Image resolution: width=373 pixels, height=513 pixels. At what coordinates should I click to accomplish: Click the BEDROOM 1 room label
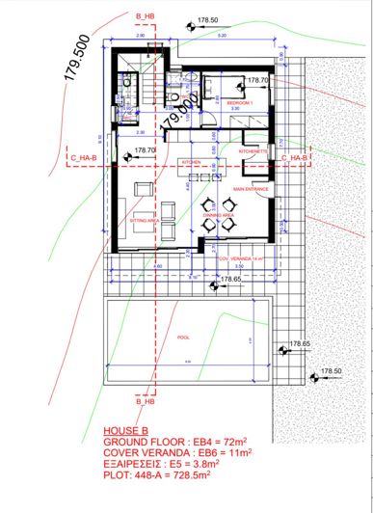click(x=239, y=101)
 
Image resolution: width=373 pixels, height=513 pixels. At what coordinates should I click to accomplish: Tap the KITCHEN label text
click(x=191, y=163)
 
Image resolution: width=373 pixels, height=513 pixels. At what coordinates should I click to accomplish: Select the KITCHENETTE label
click(x=253, y=151)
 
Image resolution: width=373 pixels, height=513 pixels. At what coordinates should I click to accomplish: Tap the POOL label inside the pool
click(x=185, y=338)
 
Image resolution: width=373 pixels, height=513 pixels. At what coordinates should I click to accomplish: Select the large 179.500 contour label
click(x=80, y=66)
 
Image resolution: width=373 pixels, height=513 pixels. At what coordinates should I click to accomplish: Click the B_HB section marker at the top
click(x=146, y=17)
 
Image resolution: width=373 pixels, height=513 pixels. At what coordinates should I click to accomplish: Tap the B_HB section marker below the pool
click(x=146, y=400)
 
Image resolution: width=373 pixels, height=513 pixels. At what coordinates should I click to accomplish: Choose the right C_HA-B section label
click(x=293, y=156)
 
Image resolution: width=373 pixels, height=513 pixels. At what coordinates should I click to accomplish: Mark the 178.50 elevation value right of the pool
click(x=332, y=371)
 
